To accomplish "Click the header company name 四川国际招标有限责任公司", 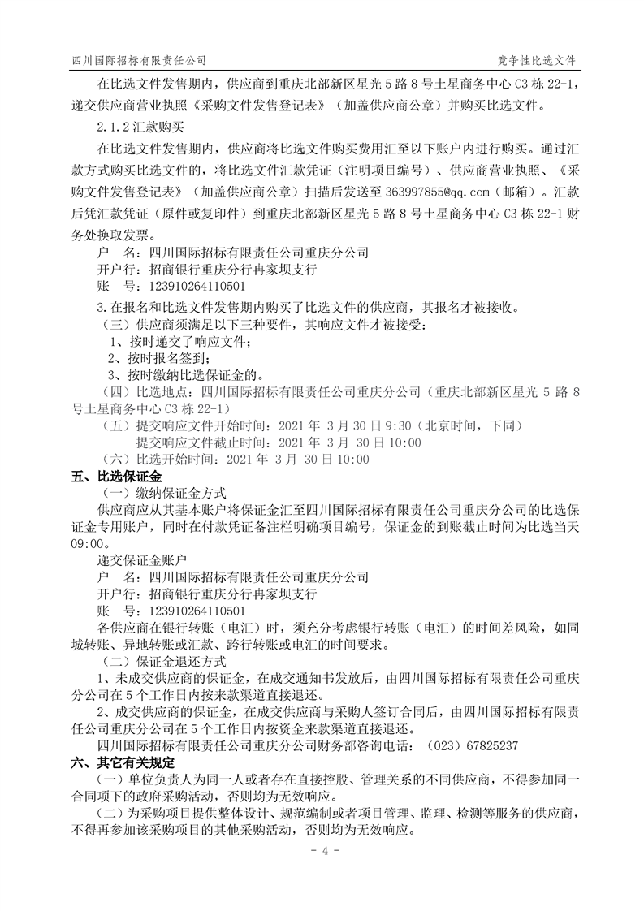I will [x=139, y=61].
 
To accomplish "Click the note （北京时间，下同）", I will [x=468, y=425].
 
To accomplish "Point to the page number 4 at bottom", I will [x=322, y=851].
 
